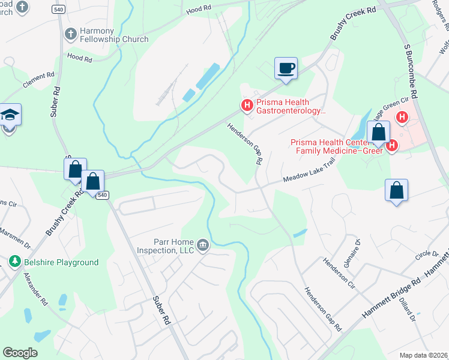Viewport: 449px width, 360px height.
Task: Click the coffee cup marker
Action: (286, 68)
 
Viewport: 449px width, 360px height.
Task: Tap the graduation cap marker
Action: (10, 115)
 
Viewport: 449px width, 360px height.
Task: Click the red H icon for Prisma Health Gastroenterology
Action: (247, 106)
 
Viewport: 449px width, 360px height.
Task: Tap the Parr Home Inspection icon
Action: (203, 245)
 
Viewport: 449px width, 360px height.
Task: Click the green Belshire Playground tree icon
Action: (14, 262)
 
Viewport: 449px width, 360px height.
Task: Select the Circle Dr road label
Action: (427, 252)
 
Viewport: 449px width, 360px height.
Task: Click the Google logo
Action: (20, 353)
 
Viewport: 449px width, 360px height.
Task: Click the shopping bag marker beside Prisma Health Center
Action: (378, 133)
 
